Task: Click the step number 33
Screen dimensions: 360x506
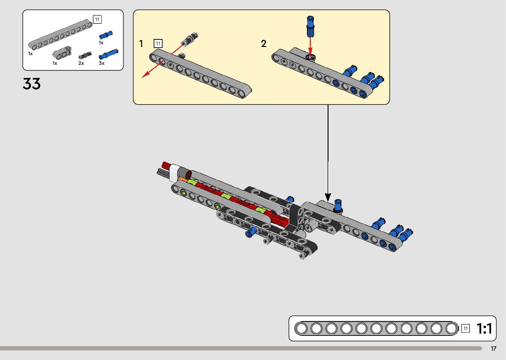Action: click(x=32, y=84)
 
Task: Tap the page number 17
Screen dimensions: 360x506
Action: click(x=493, y=349)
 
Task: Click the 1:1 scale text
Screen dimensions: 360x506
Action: click(x=484, y=329)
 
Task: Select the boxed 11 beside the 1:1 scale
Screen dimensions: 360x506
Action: click(x=465, y=328)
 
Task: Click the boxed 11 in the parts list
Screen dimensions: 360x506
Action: click(x=97, y=20)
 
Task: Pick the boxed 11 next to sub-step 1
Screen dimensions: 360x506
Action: click(x=158, y=43)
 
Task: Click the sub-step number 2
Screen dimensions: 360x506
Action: click(x=263, y=44)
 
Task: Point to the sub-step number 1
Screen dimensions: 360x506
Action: click(x=141, y=44)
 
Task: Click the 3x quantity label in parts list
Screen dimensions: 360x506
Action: click(x=101, y=63)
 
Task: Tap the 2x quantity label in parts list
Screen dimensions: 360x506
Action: click(x=81, y=63)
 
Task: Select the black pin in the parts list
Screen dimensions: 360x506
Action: click(x=85, y=55)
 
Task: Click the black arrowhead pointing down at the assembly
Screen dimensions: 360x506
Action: click(x=328, y=197)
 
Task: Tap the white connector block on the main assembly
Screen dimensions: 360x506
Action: click(x=174, y=173)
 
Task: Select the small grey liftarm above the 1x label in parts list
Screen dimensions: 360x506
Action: click(x=62, y=52)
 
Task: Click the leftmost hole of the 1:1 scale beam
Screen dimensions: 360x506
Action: click(x=301, y=329)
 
